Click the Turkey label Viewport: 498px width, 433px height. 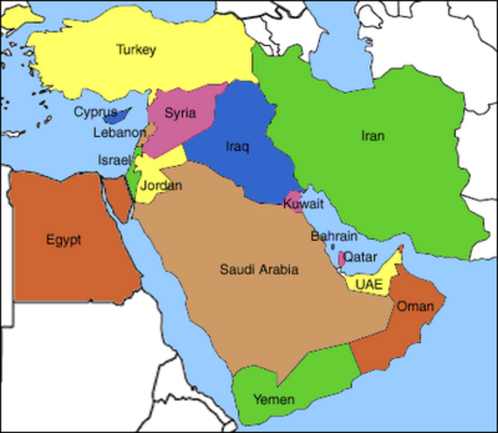(x=136, y=51)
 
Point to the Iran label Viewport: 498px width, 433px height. (x=373, y=136)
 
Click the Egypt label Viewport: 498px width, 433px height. (x=63, y=240)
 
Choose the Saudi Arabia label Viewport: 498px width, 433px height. (x=259, y=269)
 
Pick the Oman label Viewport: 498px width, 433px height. (x=415, y=308)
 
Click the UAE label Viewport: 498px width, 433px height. (x=369, y=283)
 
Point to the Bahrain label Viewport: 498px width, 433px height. (x=328, y=236)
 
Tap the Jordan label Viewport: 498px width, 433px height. (x=163, y=186)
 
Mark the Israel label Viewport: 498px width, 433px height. (x=114, y=160)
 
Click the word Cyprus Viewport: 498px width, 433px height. (x=95, y=112)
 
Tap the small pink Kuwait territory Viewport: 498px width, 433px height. (x=294, y=198)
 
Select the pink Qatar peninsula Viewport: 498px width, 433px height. (x=340, y=259)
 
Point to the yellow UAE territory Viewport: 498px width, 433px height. (x=383, y=274)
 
